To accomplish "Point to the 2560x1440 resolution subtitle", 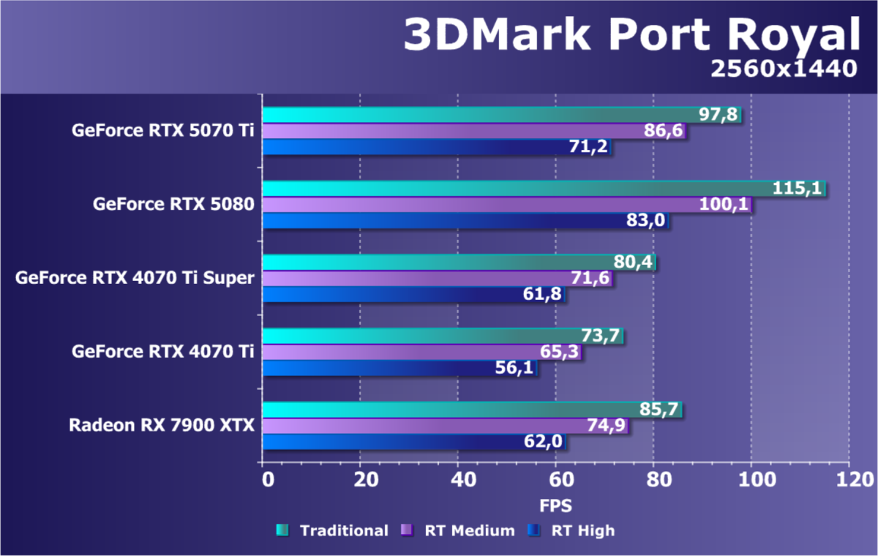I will point(783,69).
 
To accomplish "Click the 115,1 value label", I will point(798,189).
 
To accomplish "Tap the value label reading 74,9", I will point(607,426).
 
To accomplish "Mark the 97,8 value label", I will point(718,115).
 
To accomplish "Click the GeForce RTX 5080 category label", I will point(173,205).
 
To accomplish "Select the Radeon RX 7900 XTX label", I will point(162,426).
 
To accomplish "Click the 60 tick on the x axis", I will point(555,479).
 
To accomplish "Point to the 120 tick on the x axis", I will point(849,479).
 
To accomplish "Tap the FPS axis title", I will point(555,506).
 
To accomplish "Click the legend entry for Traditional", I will point(332,531).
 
